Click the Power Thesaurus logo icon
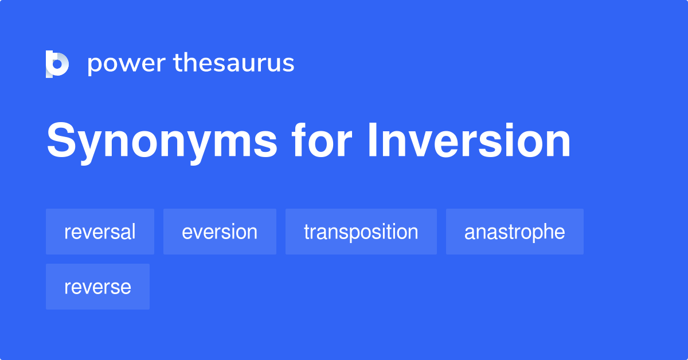tap(57, 64)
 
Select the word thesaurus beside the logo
tap(234, 64)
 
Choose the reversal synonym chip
tap(100, 232)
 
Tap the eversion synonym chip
tap(220, 232)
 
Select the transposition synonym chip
tap(361, 232)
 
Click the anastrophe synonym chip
tap(514, 232)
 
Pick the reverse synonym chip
tap(97, 287)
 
